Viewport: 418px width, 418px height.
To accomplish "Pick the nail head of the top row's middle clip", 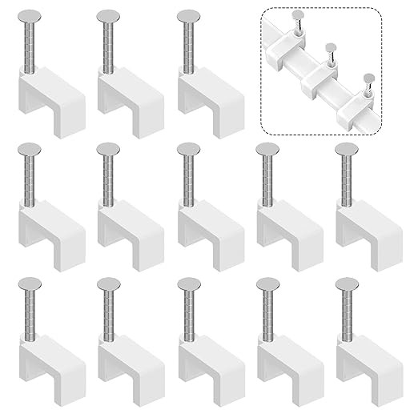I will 108,15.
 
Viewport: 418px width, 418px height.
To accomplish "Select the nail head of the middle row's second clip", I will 108,150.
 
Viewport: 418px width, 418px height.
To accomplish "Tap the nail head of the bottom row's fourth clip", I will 268,283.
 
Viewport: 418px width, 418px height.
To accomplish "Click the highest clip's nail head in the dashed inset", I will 297,14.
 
